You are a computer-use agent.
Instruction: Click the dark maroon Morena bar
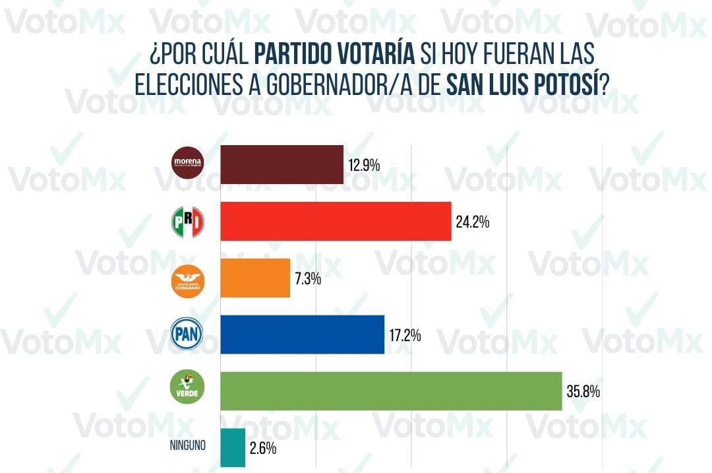pyautogui.click(x=282, y=164)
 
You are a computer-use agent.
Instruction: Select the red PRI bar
pyautogui.click(x=335, y=222)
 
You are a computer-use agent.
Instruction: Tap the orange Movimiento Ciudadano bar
pyautogui.click(x=255, y=278)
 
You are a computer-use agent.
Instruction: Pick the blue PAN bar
pyautogui.click(x=302, y=334)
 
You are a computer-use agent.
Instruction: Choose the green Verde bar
pyautogui.click(x=390, y=391)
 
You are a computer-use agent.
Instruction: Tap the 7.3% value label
pyautogui.click(x=307, y=278)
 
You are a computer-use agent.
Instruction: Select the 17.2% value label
pyautogui.click(x=404, y=335)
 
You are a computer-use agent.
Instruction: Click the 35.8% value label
pyautogui.click(x=583, y=392)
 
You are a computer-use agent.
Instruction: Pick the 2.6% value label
pyautogui.click(x=262, y=449)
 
